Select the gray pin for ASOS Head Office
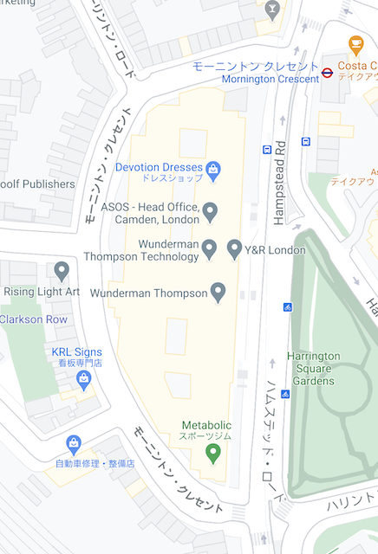[x=209, y=211]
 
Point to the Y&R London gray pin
[x=234, y=249]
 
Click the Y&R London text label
[x=275, y=250]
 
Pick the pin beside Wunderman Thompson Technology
[x=209, y=249]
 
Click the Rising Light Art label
[x=41, y=292]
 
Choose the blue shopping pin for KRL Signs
[x=84, y=379]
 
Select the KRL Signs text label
[x=76, y=352]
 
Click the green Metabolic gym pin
[x=213, y=453]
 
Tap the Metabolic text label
[x=206, y=425]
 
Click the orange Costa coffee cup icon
[x=355, y=44]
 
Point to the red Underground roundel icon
[x=327, y=73]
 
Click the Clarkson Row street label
[x=33, y=319]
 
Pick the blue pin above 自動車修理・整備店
[x=74, y=444]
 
